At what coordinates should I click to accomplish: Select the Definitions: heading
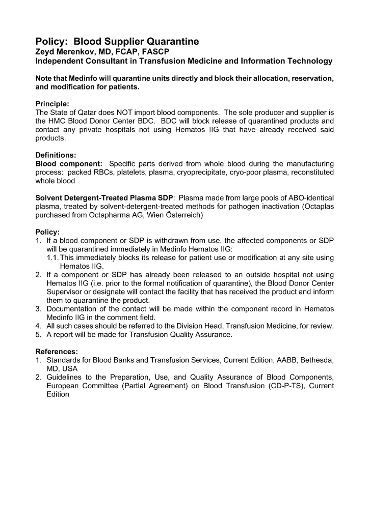(57, 155)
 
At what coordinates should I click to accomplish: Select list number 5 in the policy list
(38, 334)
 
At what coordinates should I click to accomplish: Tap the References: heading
(57, 351)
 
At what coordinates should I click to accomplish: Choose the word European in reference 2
(63, 385)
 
